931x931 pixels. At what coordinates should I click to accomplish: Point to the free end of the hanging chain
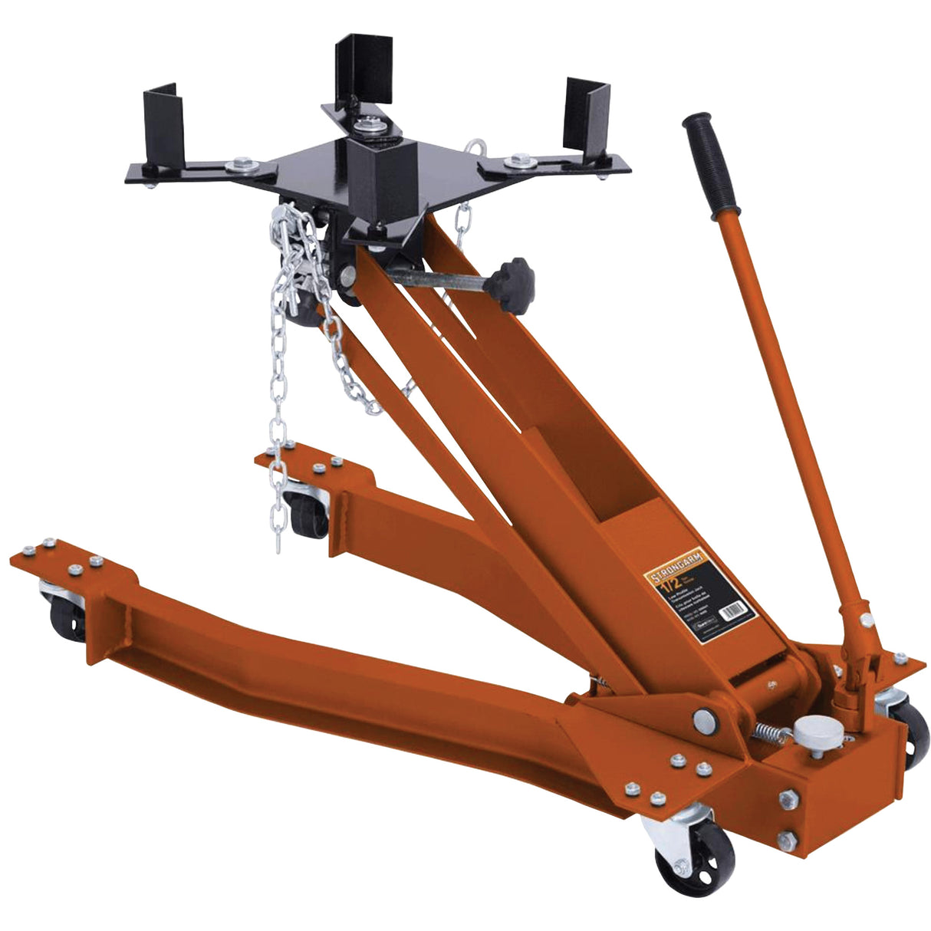tap(278, 541)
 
